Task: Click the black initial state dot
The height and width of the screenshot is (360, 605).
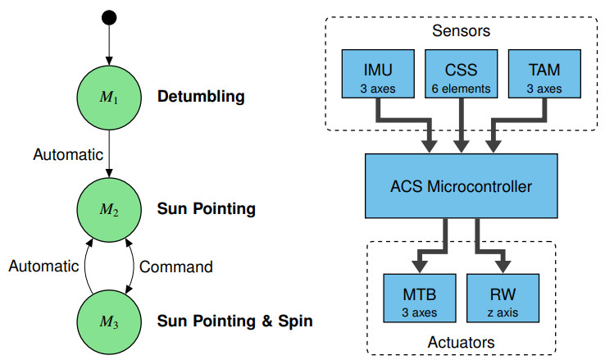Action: pos(109,17)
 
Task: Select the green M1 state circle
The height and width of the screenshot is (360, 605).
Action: pos(109,97)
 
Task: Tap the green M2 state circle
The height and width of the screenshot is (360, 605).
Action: pos(109,209)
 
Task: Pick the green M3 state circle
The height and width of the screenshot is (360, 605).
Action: pos(109,320)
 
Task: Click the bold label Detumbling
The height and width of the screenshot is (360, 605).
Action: pos(201,97)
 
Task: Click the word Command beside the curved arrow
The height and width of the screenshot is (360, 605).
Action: pos(177,267)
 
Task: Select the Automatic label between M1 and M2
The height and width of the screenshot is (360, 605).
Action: pos(68,153)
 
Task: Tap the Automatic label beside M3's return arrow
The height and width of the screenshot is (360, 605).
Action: pos(43,266)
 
